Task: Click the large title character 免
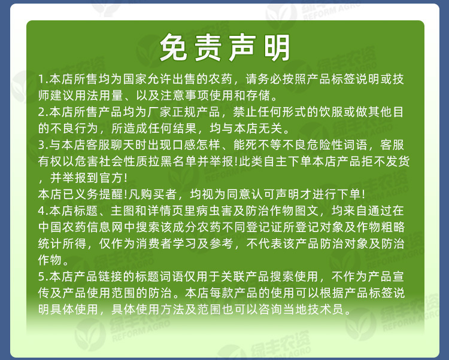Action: tap(174, 48)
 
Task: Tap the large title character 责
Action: tap(208, 48)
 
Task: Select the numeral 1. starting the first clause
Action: tap(42, 80)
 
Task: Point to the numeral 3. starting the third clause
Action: tap(42, 145)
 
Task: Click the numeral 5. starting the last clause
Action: tap(42, 277)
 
